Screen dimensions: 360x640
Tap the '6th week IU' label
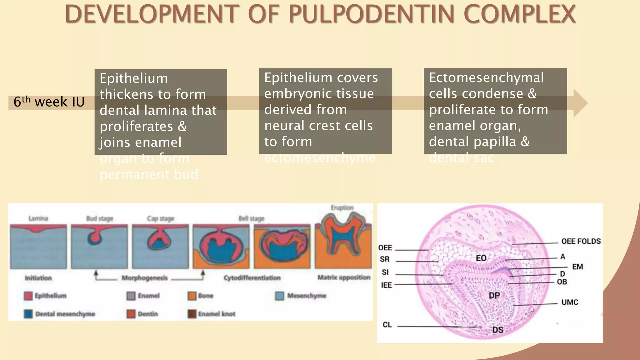(x=49, y=102)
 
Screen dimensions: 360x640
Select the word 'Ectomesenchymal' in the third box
(x=486, y=78)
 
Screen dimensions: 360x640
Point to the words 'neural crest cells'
(x=318, y=126)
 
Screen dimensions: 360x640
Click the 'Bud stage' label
(x=99, y=218)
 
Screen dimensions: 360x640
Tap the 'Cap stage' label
(x=160, y=218)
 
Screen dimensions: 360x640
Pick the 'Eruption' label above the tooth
(x=342, y=208)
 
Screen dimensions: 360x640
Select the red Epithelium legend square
(x=28, y=296)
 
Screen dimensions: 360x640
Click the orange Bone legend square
(x=192, y=296)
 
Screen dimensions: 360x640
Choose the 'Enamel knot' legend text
(x=217, y=314)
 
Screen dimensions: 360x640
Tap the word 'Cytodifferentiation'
(x=252, y=277)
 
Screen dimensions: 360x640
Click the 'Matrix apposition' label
(x=344, y=277)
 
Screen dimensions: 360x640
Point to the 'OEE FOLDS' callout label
(x=581, y=241)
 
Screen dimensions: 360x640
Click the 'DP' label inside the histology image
(x=494, y=295)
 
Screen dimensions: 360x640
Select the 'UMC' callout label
(x=569, y=302)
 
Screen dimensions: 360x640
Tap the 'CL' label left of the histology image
(x=387, y=325)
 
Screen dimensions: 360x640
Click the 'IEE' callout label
(x=386, y=285)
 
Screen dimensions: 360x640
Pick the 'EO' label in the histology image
(x=481, y=258)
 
